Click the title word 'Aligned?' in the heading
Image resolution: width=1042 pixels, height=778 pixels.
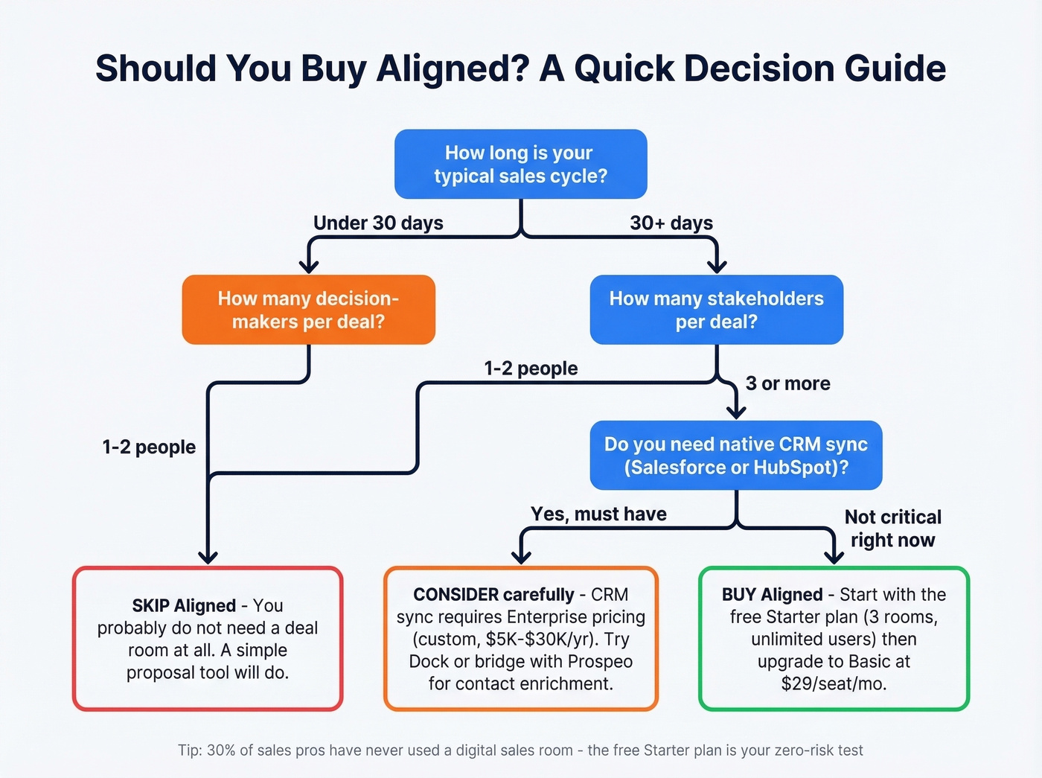[x=453, y=69]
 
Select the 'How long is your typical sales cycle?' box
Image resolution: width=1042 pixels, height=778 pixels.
[x=520, y=165]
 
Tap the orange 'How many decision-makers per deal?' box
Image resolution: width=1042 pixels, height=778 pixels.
[x=308, y=310]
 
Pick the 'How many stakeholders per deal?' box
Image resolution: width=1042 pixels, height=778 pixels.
[x=716, y=310]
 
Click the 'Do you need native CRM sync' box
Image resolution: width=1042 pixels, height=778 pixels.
[x=735, y=456]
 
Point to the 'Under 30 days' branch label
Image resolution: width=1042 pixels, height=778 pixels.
[x=378, y=223]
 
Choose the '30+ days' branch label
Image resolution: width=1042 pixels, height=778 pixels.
[x=671, y=223]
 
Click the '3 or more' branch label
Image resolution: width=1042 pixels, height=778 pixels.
[x=787, y=383]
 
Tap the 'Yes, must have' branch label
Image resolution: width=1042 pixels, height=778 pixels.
[x=598, y=514]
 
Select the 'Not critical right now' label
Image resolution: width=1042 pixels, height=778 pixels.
[x=892, y=529]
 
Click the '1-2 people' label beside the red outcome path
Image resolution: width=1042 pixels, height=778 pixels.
[x=149, y=447]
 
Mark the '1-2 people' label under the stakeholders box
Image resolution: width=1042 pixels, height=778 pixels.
[x=531, y=369]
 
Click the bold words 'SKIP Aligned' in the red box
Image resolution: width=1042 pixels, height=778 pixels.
[x=184, y=605]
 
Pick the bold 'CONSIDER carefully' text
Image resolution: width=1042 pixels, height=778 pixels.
[x=493, y=595]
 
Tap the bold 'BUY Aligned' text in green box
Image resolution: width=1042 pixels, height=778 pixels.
[x=772, y=595]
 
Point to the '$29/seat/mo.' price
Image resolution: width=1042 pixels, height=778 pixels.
[x=834, y=683]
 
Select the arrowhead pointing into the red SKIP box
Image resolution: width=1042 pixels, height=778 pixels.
[x=208, y=557]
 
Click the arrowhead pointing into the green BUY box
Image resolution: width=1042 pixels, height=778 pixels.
[x=834, y=557]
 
